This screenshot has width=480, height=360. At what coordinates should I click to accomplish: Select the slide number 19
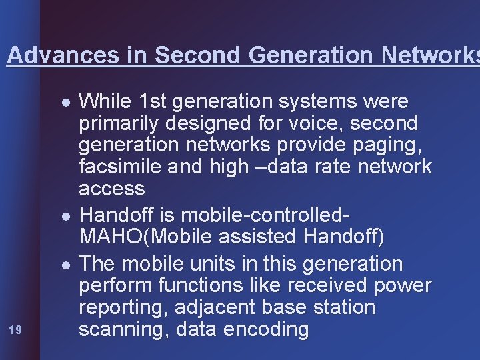[15, 329]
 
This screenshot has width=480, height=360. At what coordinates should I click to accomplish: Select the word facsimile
[120, 166]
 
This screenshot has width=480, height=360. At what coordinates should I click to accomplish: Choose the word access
[111, 189]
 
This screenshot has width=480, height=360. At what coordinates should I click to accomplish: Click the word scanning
[121, 330]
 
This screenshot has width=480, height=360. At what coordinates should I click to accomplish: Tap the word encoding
[265, 330]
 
